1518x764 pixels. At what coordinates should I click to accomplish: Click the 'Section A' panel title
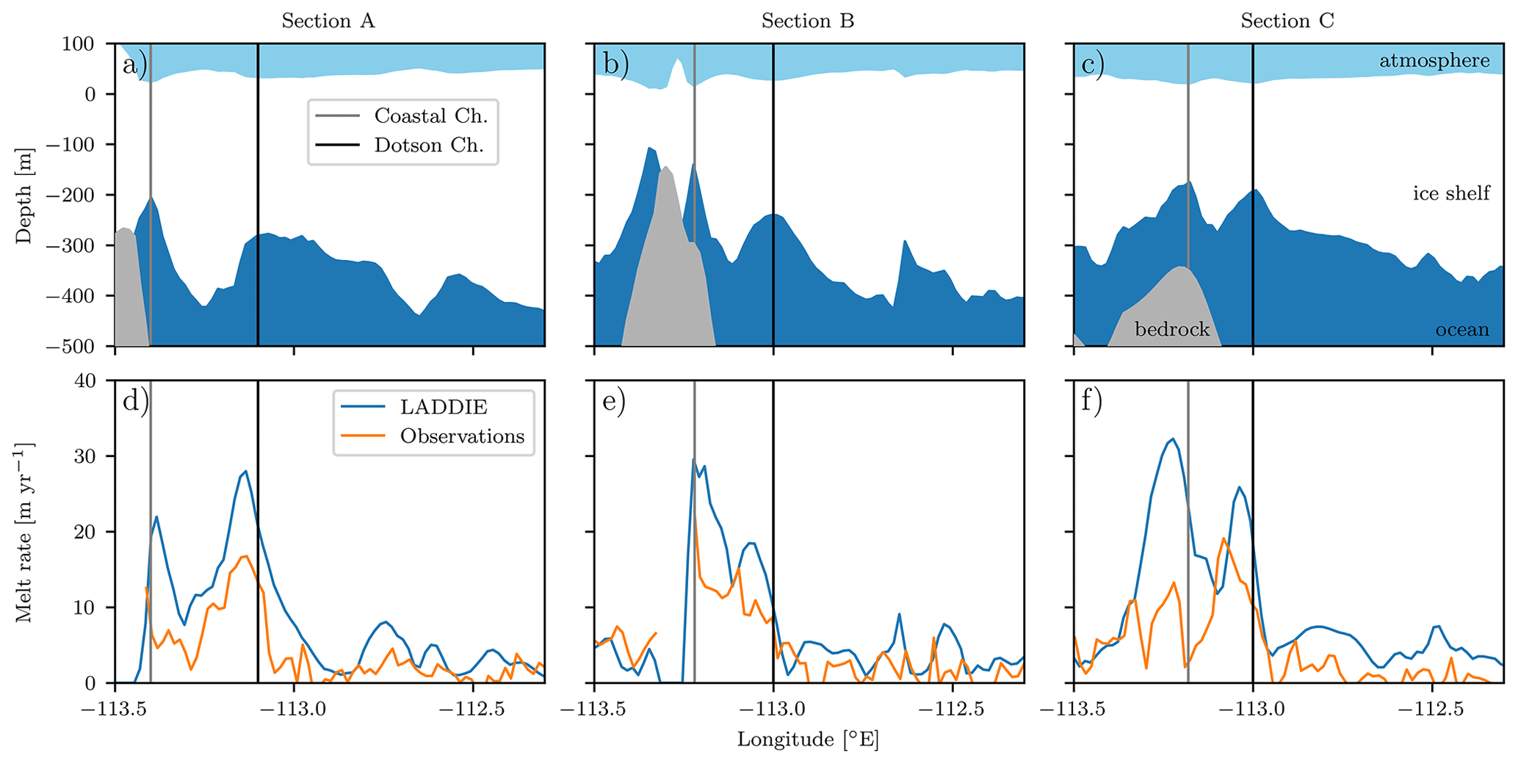pyautogui.click(x=328, y=21)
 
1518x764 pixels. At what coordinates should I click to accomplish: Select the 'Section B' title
pyautogui.click(x=807, y=21)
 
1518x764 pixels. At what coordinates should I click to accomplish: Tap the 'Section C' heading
pyautogui.click(x=1287, y=21)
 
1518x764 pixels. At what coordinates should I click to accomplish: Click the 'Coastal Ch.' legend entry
pyautogui.click(x=430, y=116)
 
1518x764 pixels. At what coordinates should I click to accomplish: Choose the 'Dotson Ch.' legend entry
pyautogui.click(x=429, y=145)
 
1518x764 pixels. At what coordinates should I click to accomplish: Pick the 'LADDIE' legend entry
pyautogui.click(x=444, y=407)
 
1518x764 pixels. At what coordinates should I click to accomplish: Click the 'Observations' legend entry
pyautogui.click(x=462, y=436)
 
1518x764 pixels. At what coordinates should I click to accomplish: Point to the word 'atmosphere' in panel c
pyautogui.click(x=1434, y=61)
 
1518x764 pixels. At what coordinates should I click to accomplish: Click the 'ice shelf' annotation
pyautogui.click(x=1451, y=193)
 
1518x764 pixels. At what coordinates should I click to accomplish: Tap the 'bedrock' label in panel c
pyautogui.click(x=1172, y=330)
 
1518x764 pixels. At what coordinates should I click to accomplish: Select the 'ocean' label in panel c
pyautogui.click(x=1462, y=330)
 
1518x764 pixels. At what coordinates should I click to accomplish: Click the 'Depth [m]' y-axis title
pyautogui.click(x=24, y=194)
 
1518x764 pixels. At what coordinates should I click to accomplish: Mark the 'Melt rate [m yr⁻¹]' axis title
pyautogui.click(x=24, y=532)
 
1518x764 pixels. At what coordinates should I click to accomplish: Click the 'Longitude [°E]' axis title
pyautogui.click(x=808, y=740)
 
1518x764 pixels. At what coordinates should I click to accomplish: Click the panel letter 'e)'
pyautogui.click(x=613, y=402)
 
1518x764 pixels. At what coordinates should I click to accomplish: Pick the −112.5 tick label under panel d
pyautogui.click(x=472, y=710)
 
